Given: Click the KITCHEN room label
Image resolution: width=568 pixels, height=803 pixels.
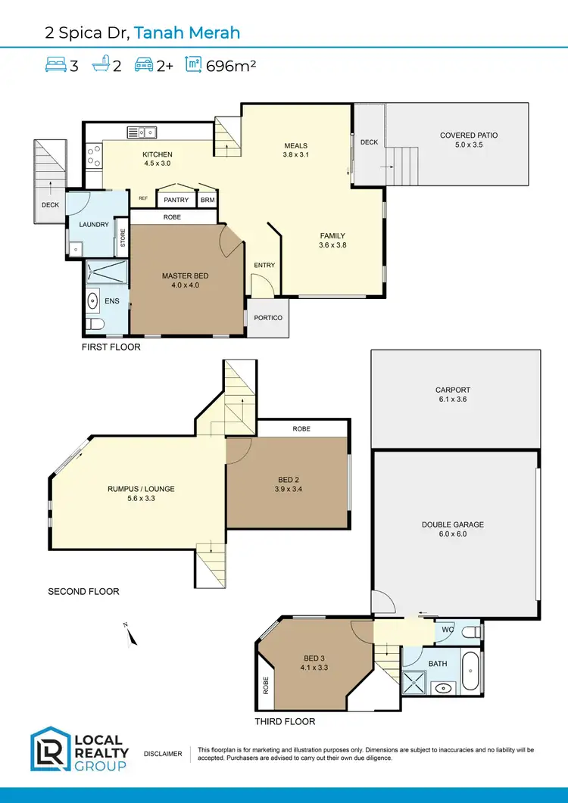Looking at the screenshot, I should [158, 154].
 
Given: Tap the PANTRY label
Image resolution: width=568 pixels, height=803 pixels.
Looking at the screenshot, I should [176, 201].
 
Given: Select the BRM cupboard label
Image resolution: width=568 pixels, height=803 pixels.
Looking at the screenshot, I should [208, 201].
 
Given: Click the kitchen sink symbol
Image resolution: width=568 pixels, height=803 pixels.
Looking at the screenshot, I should [141, 132].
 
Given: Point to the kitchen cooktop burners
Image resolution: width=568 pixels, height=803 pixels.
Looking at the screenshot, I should [94, 156].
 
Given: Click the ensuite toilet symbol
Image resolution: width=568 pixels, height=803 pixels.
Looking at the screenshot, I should [94, 325].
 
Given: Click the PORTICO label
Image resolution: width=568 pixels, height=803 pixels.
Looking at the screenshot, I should [267, 318].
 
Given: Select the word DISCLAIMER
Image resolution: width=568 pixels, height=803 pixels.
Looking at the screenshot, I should [162, 754].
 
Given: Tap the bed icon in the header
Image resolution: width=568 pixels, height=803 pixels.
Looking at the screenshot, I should [55, 65].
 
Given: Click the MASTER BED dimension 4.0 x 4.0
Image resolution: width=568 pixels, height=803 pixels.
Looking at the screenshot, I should [185, 285].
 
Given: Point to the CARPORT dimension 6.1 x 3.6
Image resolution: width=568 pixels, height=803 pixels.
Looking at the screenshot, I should [453, 399].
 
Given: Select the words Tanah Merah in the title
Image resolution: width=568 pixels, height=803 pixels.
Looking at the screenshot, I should [187, 32].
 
